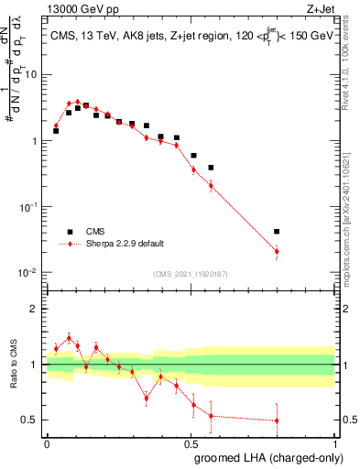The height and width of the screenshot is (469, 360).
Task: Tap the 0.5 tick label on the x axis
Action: [x=191, y=442]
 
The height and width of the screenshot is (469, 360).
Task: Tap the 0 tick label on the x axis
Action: [x=47, y=442]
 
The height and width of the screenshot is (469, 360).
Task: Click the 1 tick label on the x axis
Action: [x=334, y=442]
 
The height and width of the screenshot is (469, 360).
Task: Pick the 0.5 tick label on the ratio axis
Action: [x=29, y=420]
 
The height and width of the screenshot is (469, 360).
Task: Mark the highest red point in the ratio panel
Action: [x=69, y=338]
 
